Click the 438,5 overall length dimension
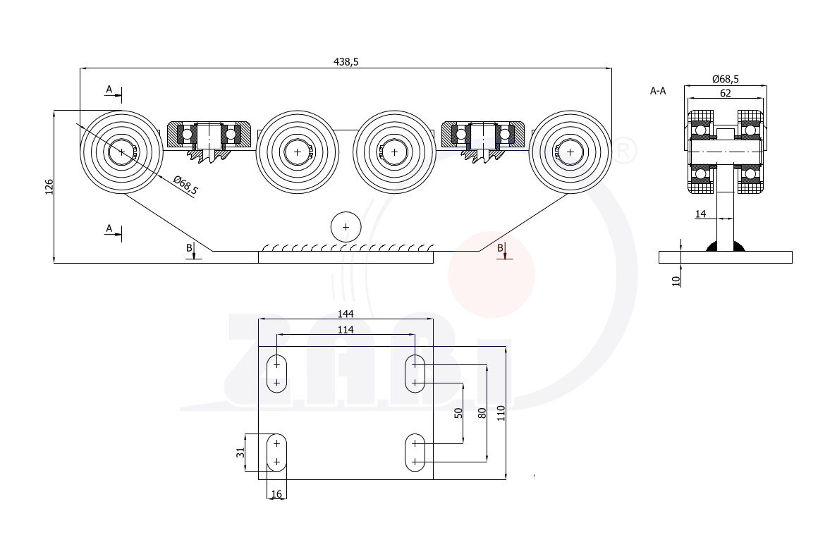(346, 62)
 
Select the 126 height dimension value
(49, 187)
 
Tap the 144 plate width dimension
(346, 314)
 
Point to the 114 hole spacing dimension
(346, 330)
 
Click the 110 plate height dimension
(501, 413)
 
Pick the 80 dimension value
(482, 413)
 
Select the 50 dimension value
(458, 413)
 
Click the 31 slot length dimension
(240, 453)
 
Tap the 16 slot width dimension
(276, 494)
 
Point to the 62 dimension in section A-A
(725, 93)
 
